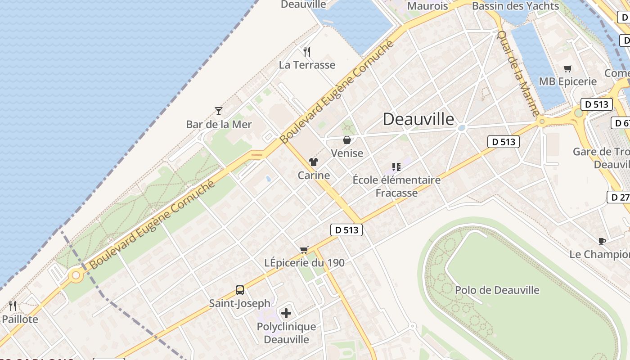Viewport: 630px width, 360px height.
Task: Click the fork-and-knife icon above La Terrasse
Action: click(307, 52)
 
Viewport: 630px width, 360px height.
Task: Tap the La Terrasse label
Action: click(307, 65)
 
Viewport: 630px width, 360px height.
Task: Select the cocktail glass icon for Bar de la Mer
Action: click(219, 111)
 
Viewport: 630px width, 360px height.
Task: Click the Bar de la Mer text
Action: click(219, 124)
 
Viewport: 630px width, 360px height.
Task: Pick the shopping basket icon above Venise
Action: click(347, 140)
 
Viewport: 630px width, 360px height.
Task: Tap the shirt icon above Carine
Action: click(314, 162)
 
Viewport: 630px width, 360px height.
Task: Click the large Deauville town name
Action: click(418, 119)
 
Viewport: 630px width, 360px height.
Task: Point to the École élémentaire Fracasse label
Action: click(396, 186)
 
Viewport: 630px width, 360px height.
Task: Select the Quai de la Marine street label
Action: click(518, 73)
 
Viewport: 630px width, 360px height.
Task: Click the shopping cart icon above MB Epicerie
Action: click(568, 68)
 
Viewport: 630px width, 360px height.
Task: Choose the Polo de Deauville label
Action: click(497, 290)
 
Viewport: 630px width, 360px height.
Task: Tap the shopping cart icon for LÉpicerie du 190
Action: click(304, 250)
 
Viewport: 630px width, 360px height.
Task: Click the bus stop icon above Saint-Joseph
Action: click(240, 290)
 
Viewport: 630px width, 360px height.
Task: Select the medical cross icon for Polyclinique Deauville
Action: click(286, 313)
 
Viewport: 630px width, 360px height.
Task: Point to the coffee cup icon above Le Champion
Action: click(602, 241)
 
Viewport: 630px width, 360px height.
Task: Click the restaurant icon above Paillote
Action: click(13, 306)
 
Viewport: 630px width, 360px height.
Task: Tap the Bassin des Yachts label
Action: click(515, 6)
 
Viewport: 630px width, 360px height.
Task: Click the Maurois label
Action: click(427, 6)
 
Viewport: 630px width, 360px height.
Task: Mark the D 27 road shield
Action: click(619, 197)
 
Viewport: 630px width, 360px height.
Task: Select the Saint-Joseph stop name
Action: click(240, 303)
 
